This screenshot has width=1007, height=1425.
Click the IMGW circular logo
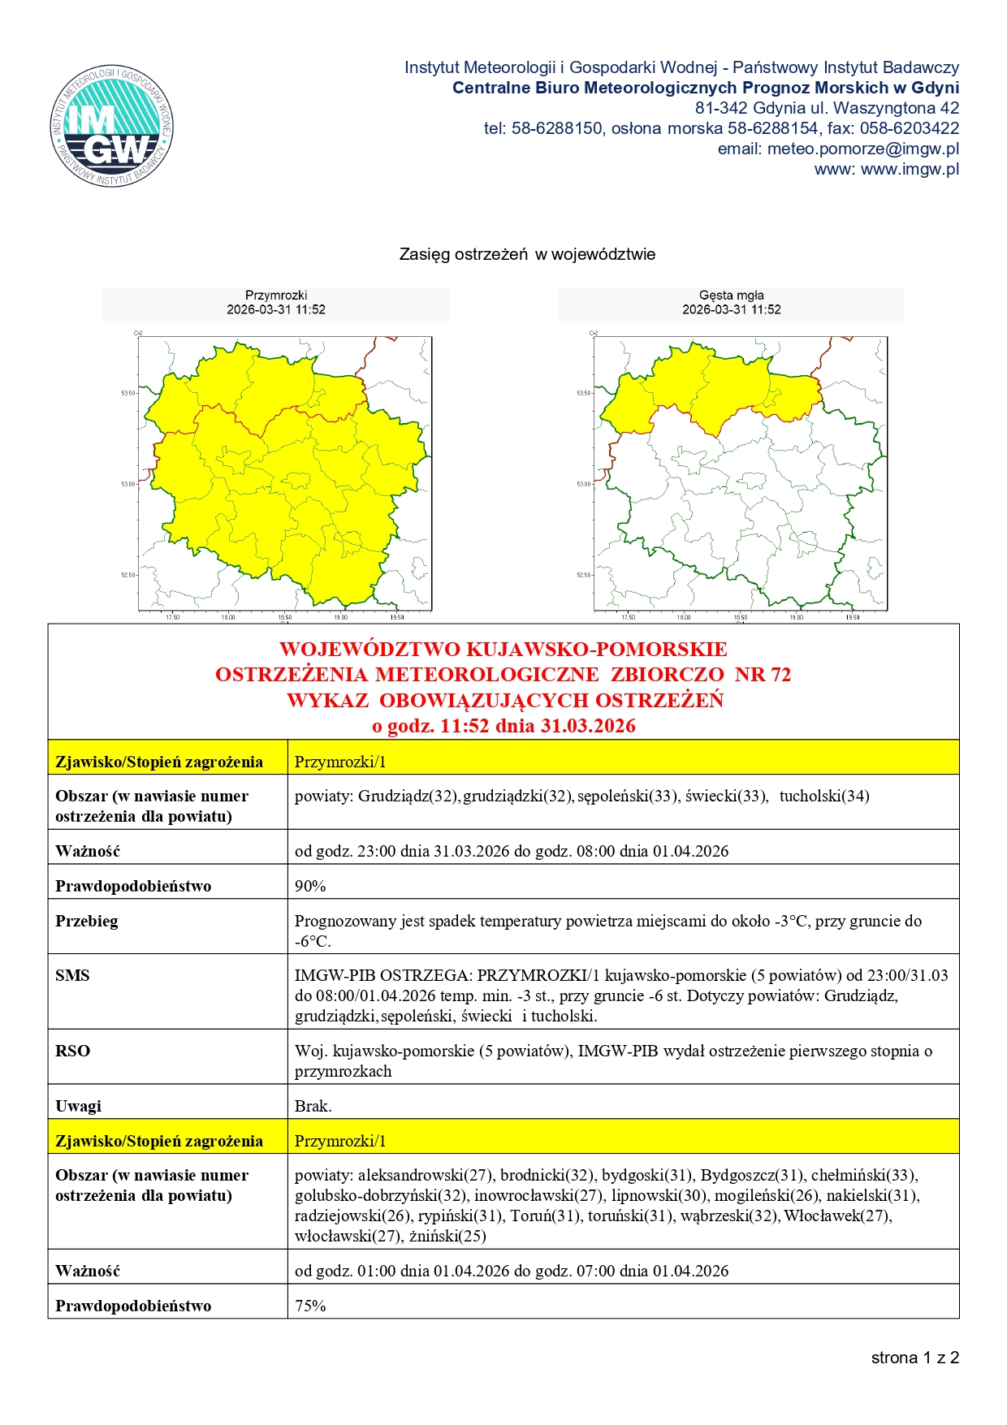coord(112,126)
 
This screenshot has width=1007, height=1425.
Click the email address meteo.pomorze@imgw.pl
coord(862,149)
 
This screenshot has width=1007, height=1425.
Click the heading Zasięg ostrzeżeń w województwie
coord(527,254)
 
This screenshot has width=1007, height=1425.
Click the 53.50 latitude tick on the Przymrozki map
coord(128,393)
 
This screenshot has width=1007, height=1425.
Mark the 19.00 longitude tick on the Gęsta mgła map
coord(796,617)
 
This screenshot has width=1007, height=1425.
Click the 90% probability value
coord(310,886)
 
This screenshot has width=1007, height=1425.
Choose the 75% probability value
coord(310,1306)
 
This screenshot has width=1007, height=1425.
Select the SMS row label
coord(72,975)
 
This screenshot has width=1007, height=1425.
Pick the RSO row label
coord(72,1051)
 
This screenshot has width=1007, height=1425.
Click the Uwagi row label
coord(78,1106)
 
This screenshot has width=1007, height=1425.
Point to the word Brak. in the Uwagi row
coord(313,1106)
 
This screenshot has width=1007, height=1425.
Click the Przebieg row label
coord(86,921)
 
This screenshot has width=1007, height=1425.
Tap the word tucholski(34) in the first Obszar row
coord(824,796)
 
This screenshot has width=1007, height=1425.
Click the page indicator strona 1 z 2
coord(914,1358)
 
